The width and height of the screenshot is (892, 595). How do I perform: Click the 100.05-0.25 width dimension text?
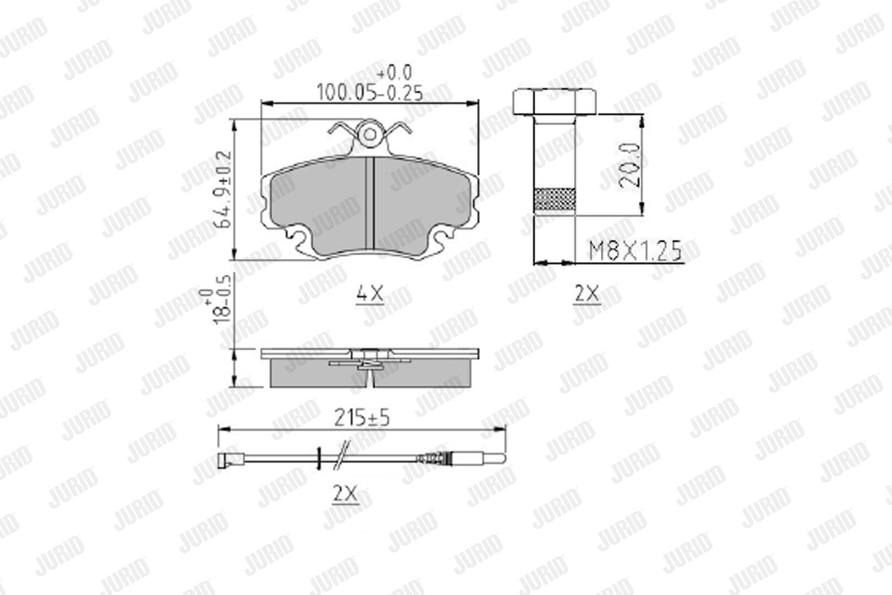click(369, 93)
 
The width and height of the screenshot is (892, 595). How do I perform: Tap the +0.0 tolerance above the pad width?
click(394, 73)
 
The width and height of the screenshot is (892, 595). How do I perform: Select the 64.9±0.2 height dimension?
click(224, 190)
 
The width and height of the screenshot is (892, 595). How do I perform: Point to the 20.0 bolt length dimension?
click(629, 165)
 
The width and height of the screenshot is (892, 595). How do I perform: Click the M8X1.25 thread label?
click(635, 251)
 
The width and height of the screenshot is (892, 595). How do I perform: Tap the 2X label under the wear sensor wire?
click(346, 494)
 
